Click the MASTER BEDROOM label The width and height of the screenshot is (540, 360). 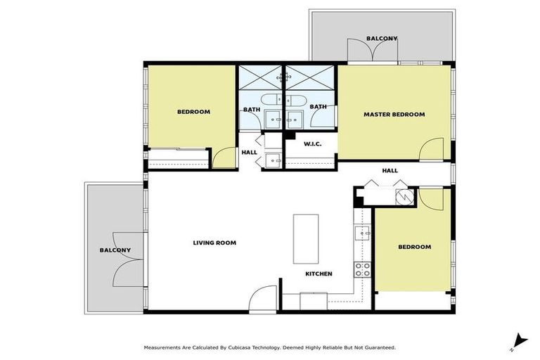(x=394, y=114)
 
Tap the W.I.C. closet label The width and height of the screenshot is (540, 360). (x=312, y=144)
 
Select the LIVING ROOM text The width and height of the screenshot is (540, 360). (x=214, y=243)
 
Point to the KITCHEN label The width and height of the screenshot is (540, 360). (x=319, y=274)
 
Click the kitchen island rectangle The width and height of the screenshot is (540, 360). (x=306, y=238)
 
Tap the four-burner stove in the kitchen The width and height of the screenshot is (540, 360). (x=362, y=269)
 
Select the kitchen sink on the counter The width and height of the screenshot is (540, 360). (x=362, y=232)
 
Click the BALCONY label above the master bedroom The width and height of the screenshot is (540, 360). (x=382, y=38)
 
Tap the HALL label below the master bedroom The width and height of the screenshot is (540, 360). (x=390, y=170)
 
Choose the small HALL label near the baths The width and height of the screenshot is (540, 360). (x=250, y=152)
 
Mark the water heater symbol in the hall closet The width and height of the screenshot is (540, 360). (x=403, y=198)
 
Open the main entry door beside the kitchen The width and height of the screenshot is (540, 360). (x=260, y=298)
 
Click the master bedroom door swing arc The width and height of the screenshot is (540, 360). (x=432, y=150)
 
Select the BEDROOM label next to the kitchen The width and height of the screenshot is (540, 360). (x=414, y=247)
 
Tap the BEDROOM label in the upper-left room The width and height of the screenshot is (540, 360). (x=193, y=111)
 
